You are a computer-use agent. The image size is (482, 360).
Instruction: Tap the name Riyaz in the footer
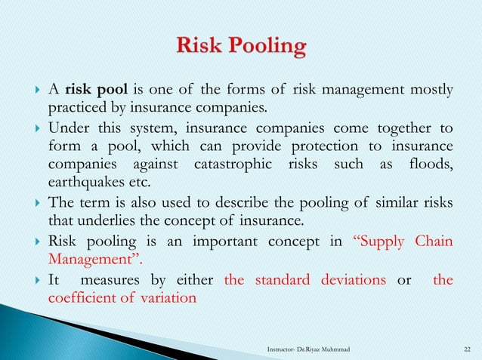point(321,348)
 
